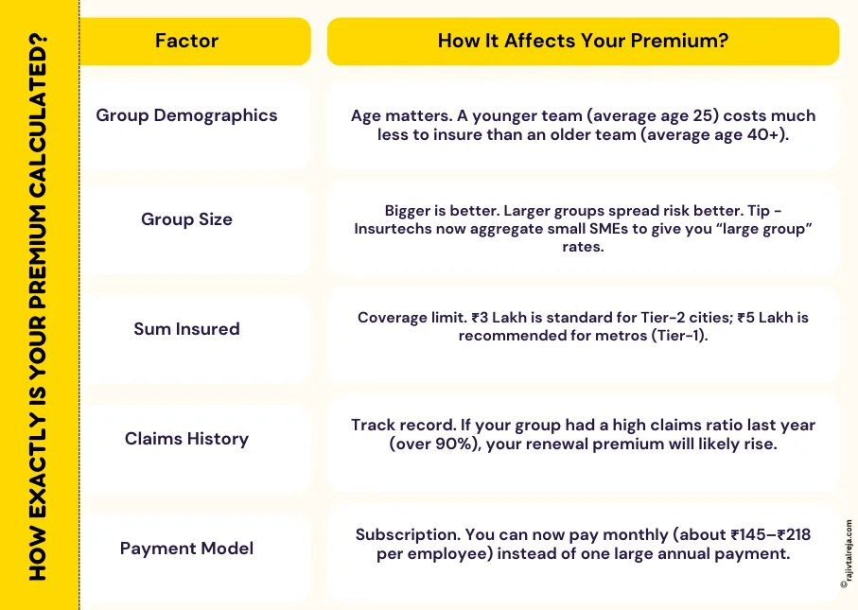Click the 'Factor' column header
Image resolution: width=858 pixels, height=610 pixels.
186,41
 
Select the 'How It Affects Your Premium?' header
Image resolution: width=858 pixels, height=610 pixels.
582,41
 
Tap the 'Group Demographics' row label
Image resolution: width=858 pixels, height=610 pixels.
186,115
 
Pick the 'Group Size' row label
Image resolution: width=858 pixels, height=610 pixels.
186,219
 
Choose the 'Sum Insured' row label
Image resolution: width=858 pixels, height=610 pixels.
186,329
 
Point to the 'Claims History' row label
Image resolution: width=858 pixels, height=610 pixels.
186,439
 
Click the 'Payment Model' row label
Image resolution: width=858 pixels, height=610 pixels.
186,549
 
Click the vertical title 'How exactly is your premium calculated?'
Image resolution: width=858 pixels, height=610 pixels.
39,305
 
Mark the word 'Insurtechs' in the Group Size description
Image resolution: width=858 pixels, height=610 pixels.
400,229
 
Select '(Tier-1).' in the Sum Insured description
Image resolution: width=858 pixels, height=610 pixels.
685,337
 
